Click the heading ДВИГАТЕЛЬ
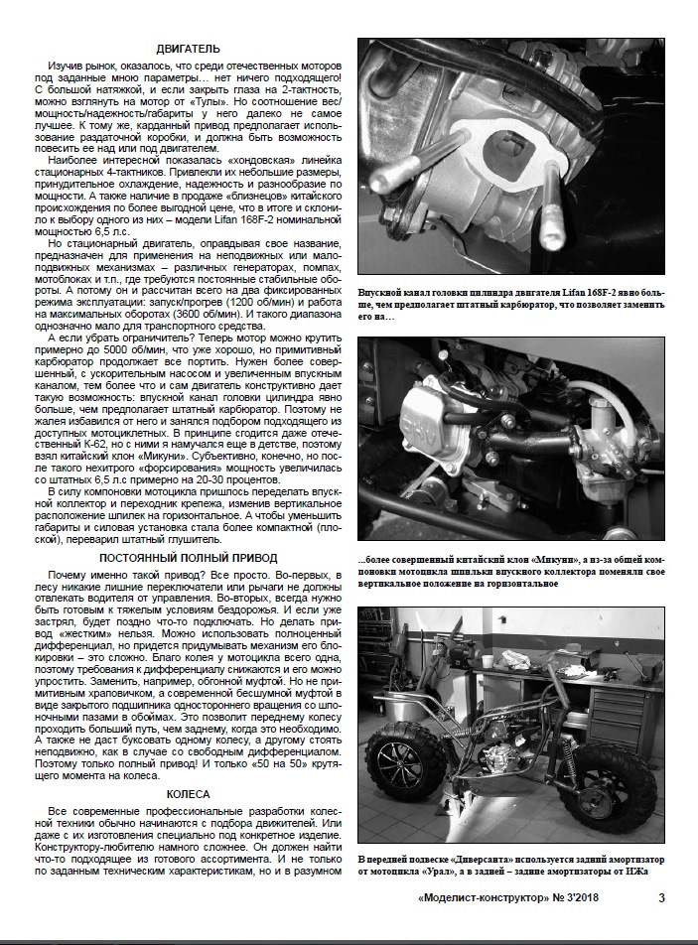[188, 49]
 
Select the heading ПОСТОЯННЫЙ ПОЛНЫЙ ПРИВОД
[188, 558]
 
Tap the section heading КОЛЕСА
[188, 794]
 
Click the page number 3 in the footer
[661, 897]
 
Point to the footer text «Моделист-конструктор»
[483, 897]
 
